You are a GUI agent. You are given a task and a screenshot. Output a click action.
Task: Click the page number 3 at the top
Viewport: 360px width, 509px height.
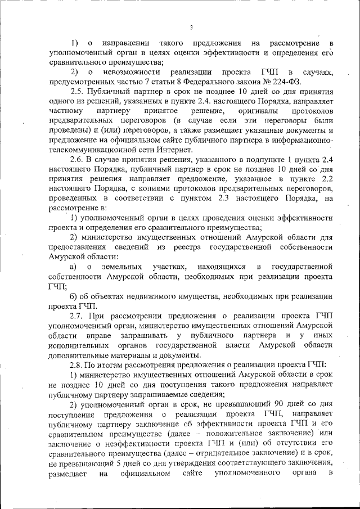[191, 28]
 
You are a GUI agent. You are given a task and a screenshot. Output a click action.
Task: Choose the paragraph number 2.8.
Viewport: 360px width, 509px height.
[79, 364]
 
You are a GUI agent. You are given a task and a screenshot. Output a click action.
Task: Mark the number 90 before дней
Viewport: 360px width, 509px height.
[277, 403]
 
